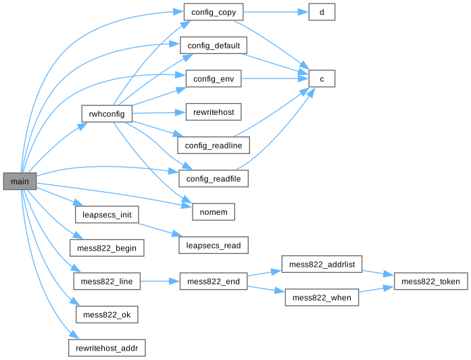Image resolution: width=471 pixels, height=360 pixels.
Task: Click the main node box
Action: click(x=19, y=182)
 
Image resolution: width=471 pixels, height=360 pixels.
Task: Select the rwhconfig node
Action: click(x=106, y=114)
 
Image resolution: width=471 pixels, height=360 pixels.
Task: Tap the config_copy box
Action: click(x=214, y=12)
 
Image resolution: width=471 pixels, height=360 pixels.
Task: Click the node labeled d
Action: click(x=321, y=12)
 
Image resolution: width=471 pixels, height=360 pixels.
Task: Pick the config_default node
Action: click(x=214, y=45)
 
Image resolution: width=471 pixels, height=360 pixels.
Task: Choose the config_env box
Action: click(x=214, y=79)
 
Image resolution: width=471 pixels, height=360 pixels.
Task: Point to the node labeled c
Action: click(x=321, y=79)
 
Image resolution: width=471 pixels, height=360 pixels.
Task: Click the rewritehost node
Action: click(x=214, y=112)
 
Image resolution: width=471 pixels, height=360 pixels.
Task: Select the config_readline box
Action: click(x=214, y=145)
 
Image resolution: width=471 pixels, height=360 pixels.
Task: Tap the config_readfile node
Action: click(x=214, y=179)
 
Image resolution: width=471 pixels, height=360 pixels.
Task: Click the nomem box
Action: click(x=214, y=212)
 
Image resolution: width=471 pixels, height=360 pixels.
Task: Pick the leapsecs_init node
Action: click(x=106, y=215)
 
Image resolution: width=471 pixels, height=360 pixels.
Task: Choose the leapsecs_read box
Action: click(x=214, y=245)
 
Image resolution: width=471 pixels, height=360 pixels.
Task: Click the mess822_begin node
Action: click(x=106, y=248)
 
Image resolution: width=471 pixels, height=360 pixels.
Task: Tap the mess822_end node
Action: click(x=214, y=282)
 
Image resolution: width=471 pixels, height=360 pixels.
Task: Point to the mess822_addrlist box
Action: click(x=321, y=265)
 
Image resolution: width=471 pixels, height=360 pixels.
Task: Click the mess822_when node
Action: click(x=321, y=298)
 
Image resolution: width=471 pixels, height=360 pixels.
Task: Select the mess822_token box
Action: click(x=430, y=282)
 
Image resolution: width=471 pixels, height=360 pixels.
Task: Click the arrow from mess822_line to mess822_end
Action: click(x=159, y=282)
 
